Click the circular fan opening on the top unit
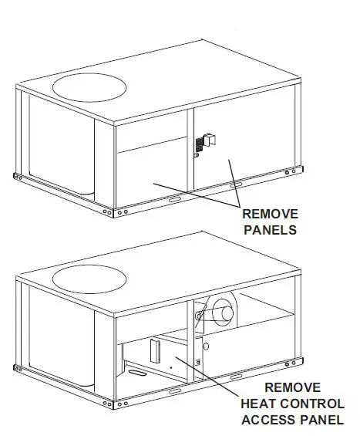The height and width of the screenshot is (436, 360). pyautogui.click(x=89, y=79)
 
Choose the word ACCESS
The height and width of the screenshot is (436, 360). pyautogui.click(x=269, y=420)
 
